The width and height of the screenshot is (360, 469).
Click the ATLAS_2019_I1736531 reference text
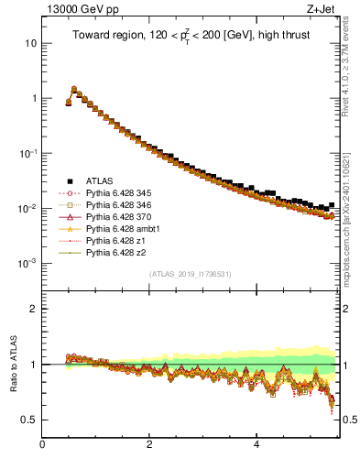click(191, 274)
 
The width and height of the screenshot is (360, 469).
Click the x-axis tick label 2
click(149, 445)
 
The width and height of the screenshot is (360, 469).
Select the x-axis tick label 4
click(256, 445)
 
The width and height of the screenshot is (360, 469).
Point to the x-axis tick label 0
click(42, 445)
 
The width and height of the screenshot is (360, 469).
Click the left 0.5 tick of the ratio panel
click(30, 420)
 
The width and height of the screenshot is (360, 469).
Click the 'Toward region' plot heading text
click(190, 38)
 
